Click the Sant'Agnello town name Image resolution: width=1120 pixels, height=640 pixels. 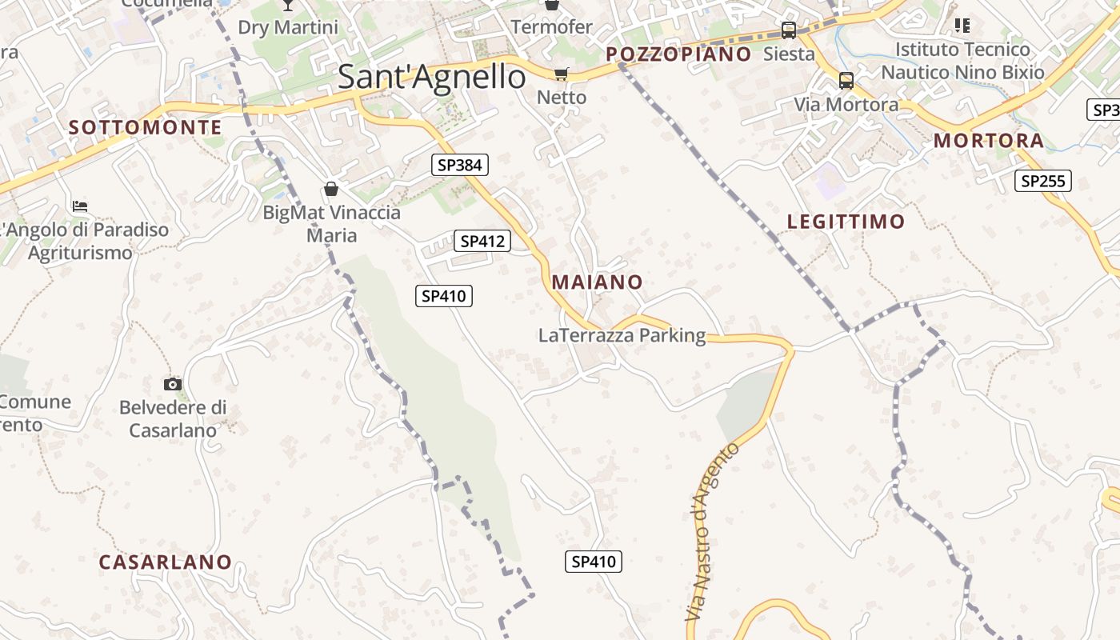pos(432,77)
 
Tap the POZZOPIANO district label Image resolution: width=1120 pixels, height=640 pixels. pos(678,54)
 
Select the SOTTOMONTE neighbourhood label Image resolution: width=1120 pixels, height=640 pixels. pos(145,127)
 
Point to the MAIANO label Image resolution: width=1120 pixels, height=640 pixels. pos(597,282)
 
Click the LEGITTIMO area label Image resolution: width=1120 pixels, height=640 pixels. pos(846,222)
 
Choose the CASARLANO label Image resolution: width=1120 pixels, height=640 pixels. pos(165,562)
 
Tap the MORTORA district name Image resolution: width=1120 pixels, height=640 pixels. pos(989,141)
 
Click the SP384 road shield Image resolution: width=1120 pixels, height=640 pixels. pos(460,166)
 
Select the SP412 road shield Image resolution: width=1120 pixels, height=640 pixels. pos(482,241)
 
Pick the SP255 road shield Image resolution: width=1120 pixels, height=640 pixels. pos(1044,181)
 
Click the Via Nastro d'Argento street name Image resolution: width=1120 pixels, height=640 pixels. pos(713,532)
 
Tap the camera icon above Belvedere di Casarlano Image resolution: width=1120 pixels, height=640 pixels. pos(173,385)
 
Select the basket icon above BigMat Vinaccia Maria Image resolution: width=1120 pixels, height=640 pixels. pos(331,189)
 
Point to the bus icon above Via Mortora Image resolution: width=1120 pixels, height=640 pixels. pos(846,81)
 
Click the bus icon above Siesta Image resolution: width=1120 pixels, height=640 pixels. pos(789,30)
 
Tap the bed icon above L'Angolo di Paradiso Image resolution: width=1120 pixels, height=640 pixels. pos(80,206)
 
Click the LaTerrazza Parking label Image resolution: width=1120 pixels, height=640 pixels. pos(622,336)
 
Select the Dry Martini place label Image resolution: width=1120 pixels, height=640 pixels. pos(288,27)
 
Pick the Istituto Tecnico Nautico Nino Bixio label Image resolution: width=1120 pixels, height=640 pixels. pos(962,61)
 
